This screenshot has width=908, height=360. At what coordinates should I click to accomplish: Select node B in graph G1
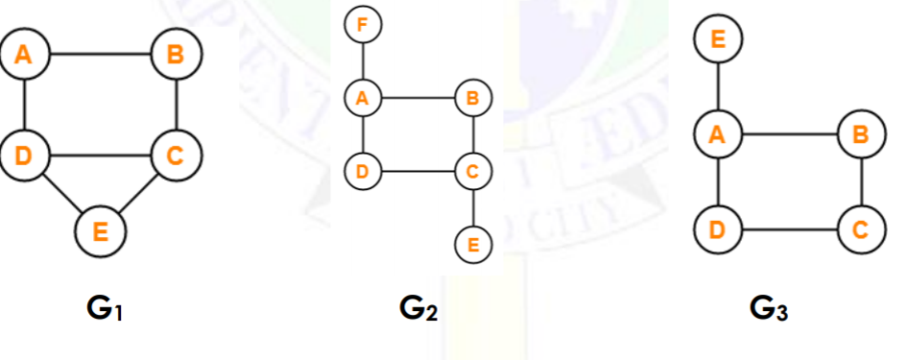(175, 55)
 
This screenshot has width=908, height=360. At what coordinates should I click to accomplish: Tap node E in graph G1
(100, 230)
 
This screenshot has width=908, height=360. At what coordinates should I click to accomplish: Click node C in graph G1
(175, 156)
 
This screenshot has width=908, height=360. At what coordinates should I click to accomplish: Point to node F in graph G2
(362, 25)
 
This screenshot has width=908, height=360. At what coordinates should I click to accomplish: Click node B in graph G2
(473, 97)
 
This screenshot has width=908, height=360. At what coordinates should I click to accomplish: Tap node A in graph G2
(362, 97)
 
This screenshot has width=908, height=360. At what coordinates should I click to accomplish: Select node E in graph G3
(717, 39)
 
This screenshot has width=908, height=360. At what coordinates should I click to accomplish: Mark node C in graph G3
(861, 230)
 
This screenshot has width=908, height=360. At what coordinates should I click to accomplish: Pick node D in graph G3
(717, 230)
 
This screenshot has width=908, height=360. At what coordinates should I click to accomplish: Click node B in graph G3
(861, 135)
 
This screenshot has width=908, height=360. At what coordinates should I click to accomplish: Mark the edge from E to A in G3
(717, 87)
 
